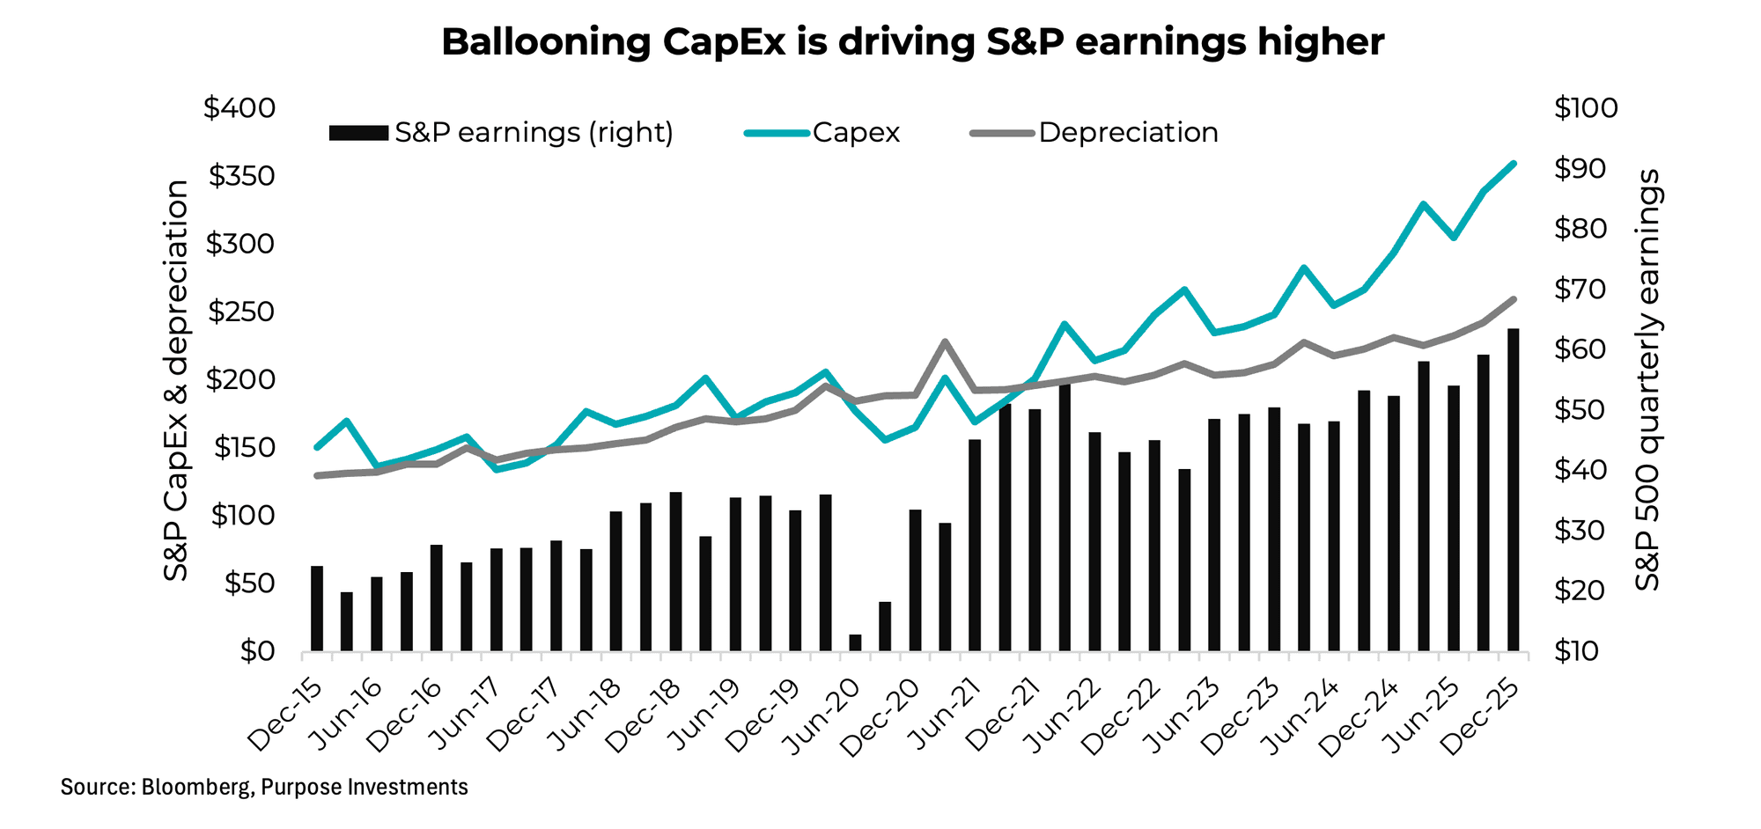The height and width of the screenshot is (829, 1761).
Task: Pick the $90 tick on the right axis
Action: coord(1586,168)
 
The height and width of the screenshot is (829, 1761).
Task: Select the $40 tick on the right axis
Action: coord(1586,470)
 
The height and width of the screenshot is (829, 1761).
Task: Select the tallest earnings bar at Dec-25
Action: coord(1513,489)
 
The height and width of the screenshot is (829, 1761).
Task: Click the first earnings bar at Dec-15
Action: coord(317,608)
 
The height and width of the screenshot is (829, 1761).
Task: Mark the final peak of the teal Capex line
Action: coord(1513,164)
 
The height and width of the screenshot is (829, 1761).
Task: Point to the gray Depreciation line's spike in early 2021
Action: coord(944,341)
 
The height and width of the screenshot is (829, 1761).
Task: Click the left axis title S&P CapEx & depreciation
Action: coord(177,380)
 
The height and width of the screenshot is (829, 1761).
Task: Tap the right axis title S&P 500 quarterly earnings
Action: coord(1647,380)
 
